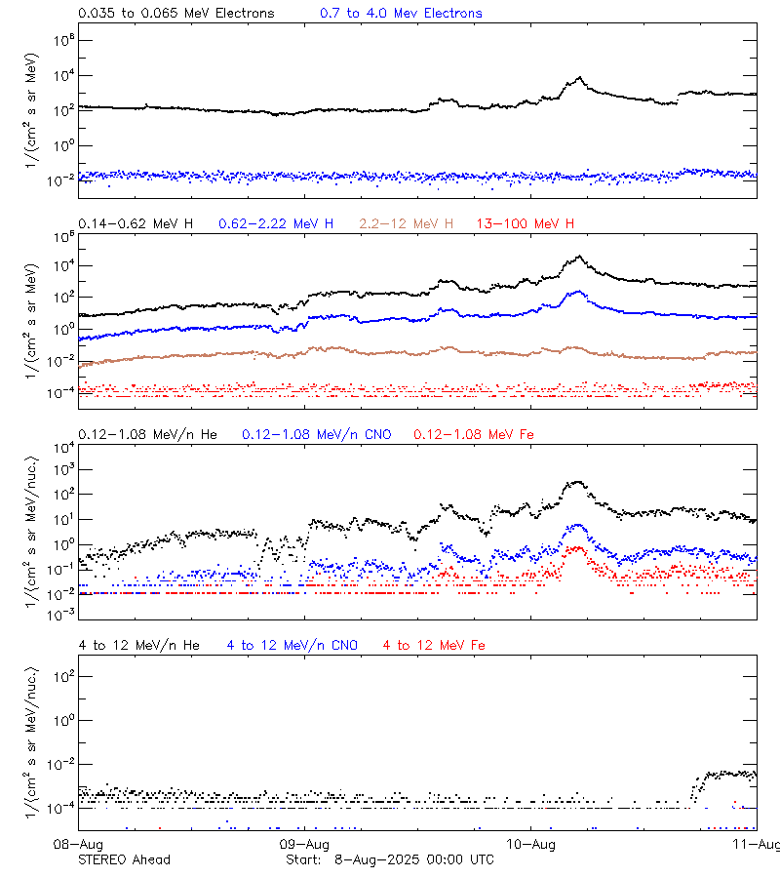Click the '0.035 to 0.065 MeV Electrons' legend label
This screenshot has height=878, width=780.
(175, 14)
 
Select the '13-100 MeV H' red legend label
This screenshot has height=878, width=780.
(526, 224)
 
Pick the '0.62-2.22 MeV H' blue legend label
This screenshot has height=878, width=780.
(276, 224)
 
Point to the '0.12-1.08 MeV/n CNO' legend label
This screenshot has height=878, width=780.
(317, 434)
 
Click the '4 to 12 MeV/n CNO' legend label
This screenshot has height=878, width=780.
(292, 645)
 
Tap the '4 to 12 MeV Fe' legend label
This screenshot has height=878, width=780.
(434, 645)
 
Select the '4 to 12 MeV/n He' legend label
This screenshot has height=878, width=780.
(138, 645)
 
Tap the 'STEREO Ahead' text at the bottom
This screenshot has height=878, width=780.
(124, 859)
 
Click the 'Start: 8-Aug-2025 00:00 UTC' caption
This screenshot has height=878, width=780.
(390, 859)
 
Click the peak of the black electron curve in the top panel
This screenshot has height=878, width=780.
(580, 78)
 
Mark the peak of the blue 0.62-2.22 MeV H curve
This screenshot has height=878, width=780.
(579, 291)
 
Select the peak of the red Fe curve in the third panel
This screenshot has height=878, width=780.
(577, 548)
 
